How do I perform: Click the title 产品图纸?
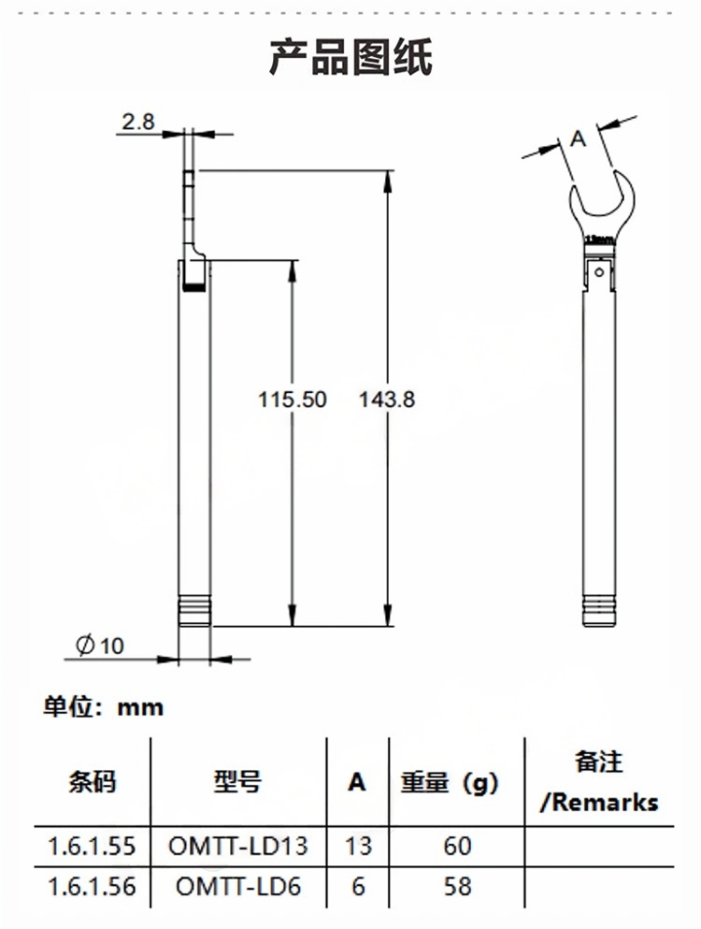[x=350, y=58]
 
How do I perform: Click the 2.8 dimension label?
[x=137, y=121]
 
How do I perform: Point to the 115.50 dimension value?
[x=293, y=399]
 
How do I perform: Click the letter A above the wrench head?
[x=578, y=140]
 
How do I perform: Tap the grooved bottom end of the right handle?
[x=598, y=613]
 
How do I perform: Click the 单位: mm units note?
[x=104, y=707]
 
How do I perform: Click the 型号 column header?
[x=237, y=781]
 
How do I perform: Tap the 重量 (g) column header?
[x=451, y=782]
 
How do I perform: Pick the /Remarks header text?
[x=600, y=802]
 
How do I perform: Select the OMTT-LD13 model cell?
[x=237, y=847]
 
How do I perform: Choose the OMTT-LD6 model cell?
[x=237, y=886]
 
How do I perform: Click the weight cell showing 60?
[x=458, y=847]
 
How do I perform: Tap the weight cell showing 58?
[x=458, y=886]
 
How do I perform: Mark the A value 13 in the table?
[x=358, y=847]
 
